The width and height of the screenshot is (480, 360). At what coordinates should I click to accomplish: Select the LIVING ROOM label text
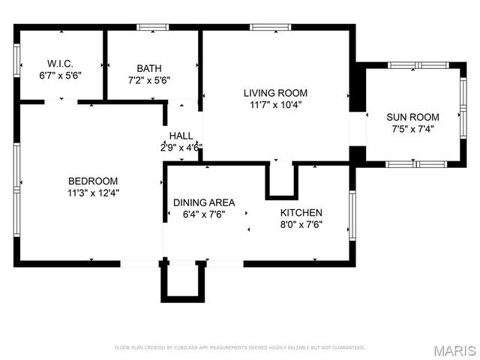coord(275,93)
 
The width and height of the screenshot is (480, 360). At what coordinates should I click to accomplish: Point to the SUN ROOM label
coord(412,116)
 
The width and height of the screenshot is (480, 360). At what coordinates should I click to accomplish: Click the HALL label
coord(181,136)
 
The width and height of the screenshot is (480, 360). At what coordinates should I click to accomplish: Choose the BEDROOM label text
coord(93,181)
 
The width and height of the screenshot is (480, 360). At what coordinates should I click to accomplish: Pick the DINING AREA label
coord(204,202)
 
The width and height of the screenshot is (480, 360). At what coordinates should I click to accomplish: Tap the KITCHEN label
coord(301,212)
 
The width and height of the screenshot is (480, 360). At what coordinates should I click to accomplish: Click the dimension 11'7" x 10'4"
coord(275,105)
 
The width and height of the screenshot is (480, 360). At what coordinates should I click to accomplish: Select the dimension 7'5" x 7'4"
coord(412,128)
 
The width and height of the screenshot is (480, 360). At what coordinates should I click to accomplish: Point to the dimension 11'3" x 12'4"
coord(93,192)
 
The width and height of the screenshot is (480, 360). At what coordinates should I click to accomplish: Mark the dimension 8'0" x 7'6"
coord(301,224)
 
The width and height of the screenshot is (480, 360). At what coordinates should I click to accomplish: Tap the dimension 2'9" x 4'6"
coord(181,147)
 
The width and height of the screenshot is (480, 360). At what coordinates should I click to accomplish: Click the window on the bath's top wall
coord(153,28)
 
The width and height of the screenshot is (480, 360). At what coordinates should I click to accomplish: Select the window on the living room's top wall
coord(271,28)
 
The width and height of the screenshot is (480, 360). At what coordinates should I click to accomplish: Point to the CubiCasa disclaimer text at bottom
coord(239,348)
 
